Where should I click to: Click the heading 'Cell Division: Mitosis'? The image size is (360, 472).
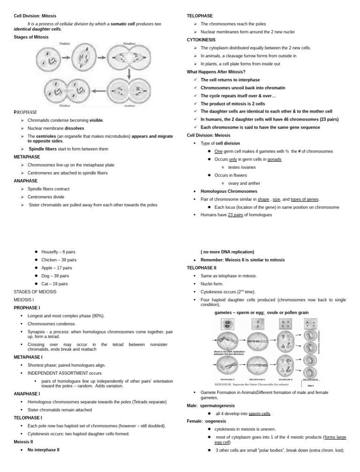click(35, 16)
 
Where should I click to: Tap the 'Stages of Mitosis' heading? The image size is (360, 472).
click(32, 36)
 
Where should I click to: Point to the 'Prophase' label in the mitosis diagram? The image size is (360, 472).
click(65, 43)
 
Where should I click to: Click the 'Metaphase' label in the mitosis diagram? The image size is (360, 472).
click(130, 43)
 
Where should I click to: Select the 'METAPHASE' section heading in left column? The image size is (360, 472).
click(27, 157)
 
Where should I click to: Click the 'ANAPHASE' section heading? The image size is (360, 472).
click(26, 181)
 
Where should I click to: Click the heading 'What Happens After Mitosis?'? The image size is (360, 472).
click(216, 72)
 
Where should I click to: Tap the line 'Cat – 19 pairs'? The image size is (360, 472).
click(54, 284)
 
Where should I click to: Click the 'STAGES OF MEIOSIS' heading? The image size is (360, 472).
click(35, 292)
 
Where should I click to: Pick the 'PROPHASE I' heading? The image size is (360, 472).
click(28, 308)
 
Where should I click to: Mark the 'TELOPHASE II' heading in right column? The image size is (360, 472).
click(202, 268)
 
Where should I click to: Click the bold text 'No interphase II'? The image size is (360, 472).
click(44, 449)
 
